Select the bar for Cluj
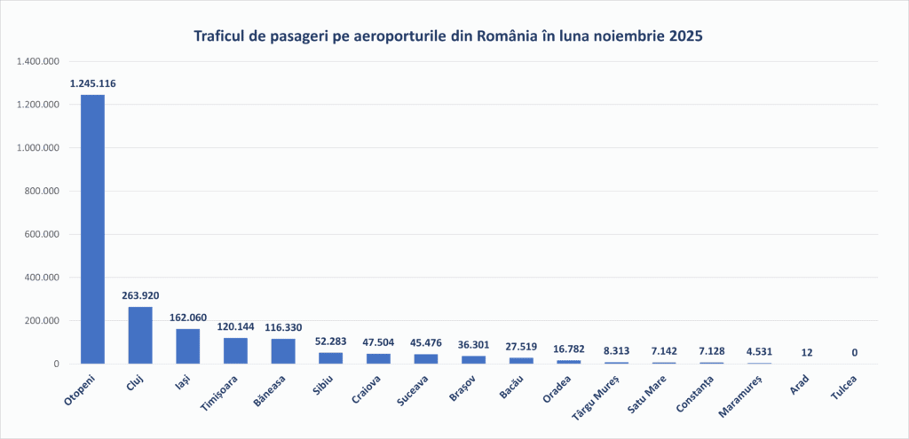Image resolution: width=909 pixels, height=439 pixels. pyautogui.click(x=140, y=335)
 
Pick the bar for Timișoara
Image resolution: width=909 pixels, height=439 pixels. pyautogui.click(x=235, y=350)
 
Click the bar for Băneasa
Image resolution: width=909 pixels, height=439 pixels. pyautogui.click(x=283, y=351)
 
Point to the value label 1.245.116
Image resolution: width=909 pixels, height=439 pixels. pyautogui.click(x=92, y=83)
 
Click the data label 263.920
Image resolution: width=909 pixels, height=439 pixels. pyautogui.click(x=140, y=295)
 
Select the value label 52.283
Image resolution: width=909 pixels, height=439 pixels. pyautogui.click(x=331, y=341)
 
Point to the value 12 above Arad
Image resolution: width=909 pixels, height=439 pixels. pyautogui.click(x=807, y=353)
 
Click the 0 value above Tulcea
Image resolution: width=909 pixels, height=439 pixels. pyautogui.click(x=855, y=353)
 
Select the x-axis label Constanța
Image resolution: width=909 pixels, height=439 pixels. pyautogui.click(x=697, y=393)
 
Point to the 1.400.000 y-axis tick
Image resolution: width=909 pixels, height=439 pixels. pyautogui.click(x=38, y=62)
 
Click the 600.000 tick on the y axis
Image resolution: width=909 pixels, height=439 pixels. pyautogui.click(x=42, y=235)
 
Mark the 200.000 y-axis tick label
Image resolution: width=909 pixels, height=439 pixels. pyautogui.click(x=42, y=321)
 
